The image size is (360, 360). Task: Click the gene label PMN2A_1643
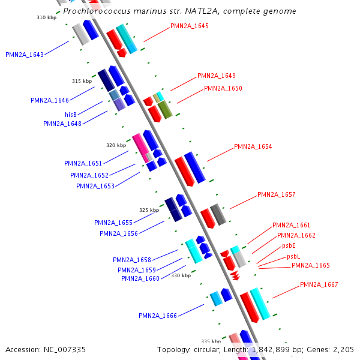tap(25, 55)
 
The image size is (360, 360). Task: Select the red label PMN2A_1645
tap(190, 26)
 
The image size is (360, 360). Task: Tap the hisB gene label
tap(71, 115)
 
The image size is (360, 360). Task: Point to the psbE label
tap(289, 245)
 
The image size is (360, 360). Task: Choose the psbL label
tap(293, 256)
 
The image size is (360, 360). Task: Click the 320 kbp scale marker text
tap(116, 145)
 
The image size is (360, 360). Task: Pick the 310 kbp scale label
tap(47, 17)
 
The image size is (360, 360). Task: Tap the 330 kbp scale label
tap(181, 275)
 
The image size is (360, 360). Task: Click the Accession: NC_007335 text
tap(46, 350)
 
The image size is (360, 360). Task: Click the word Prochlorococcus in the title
tap(97, 11)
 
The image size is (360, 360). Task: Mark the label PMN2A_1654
tap(253, 147)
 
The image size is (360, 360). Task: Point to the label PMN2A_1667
tap(319, 284)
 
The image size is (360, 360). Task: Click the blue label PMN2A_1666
tap(158, 316)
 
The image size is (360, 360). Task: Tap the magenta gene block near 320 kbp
tap(141, 148)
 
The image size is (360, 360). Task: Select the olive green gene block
tap(165, 110)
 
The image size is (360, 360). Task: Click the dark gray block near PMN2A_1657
tap(218, 214)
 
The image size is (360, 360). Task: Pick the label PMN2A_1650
tap(223, 88)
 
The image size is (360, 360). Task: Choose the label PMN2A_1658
tap(132, 260)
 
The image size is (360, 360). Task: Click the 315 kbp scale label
tap(82, 81)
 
